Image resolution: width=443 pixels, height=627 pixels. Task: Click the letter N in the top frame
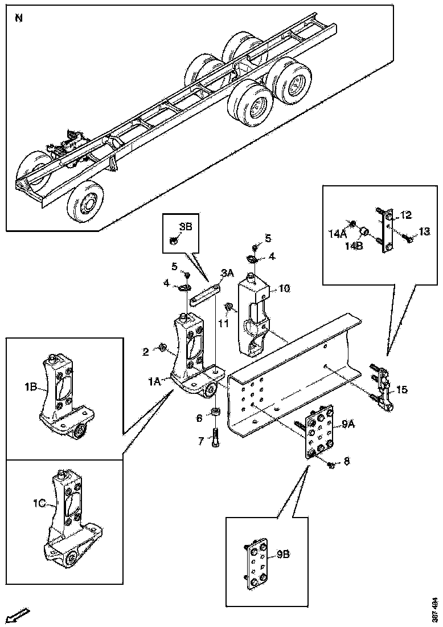pyautogui.click(x=19, y=18)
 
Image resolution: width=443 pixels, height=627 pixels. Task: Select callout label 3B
pyautogui.click(x=185, y=226)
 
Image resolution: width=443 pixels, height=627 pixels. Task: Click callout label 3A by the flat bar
pyautogui.click(x=228, y=274)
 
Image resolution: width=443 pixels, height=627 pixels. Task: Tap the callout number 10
pyautogui.click(x=284, y=289)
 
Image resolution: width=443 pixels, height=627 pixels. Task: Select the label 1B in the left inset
pyautogui.click(x=31, y=387)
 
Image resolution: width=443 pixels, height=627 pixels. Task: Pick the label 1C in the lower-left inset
pyautogui.click(x=39, y=504)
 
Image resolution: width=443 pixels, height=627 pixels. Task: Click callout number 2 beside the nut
pyautogui.click(x=146, y=353)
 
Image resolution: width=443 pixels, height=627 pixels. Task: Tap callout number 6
pyautogui.click(x=199, y=418)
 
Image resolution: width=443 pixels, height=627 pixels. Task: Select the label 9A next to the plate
pyautogui.click(x=348, y=424)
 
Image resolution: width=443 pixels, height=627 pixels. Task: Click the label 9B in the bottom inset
pyautogui.click(x=283, y=553)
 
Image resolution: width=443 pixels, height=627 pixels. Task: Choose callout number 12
pyautogui.click(x=405, y=215)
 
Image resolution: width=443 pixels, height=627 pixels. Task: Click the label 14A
pyautogui.click(x=338, y=233)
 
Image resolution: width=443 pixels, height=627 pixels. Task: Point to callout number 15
pyautogui.click(x=402, y=390)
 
